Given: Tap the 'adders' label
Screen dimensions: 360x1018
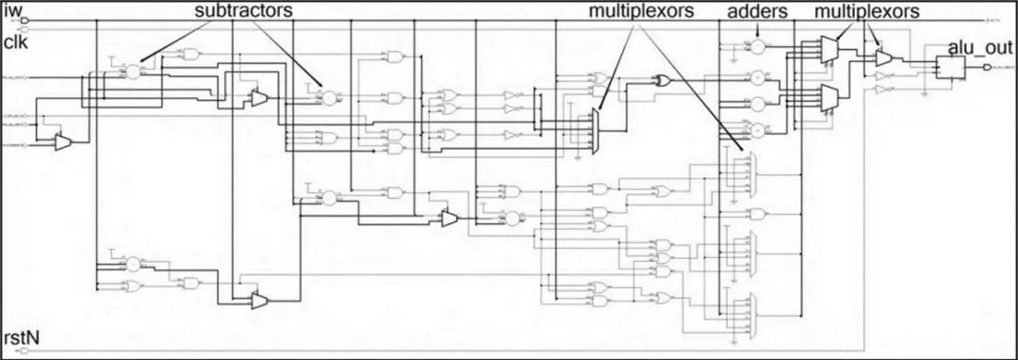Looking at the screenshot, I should coord(758,12).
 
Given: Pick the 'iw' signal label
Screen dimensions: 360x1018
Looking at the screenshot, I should coord(16,11).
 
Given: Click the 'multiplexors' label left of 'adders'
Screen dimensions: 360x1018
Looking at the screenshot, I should coord(638,12).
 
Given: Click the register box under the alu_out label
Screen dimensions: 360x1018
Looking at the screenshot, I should coord(949,66).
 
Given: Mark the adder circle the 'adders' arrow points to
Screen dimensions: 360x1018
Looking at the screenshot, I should coord(758,45).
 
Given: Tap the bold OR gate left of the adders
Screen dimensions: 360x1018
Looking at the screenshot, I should coord(665,81).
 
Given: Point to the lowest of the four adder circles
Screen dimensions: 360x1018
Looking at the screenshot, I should coord(758,129).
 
